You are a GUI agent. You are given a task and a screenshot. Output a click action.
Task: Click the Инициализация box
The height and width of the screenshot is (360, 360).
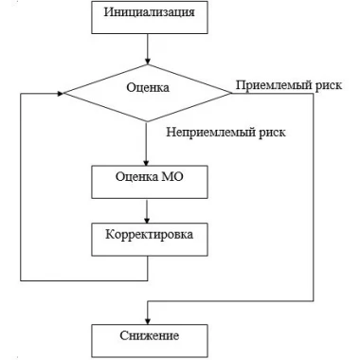pyautogui.click(x=150, y=17)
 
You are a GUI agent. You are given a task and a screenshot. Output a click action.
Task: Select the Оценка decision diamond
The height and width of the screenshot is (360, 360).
pyautogui.click(x=148, y=93)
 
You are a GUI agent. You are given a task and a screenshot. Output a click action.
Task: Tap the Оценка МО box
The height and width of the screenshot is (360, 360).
pyautogui.click(x=150, y=182)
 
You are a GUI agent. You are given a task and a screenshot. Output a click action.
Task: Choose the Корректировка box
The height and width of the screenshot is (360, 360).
pyautogui.click(x=150, y=240)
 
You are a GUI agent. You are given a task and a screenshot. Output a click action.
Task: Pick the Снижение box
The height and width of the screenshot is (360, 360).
pyautogui.click(x=150, y=341)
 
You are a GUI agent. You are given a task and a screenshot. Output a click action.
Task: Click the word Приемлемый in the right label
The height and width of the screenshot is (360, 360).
pyautogui.click(x=274, y=85)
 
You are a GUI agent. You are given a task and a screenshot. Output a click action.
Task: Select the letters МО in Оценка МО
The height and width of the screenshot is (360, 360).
pyautogui.click(x=172, y=176)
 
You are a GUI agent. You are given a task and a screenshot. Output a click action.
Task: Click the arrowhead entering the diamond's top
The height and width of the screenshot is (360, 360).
pyautogui.click(x=147, y=62)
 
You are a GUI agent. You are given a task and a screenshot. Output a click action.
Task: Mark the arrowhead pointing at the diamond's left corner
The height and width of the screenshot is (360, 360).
pyautogui.click(x=60, y=94)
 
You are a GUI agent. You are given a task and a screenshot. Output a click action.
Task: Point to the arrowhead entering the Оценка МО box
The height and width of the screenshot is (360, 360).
pyautogui.click(x=146, y=162)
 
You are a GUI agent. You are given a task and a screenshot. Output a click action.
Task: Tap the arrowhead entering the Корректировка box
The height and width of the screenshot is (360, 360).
pyautogui.click(x=147, y=220)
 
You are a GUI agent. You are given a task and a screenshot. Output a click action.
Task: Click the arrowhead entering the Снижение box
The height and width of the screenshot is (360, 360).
pyautogui.click(x=148, y=321)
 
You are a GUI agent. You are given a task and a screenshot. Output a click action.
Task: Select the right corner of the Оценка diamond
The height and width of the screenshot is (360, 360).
pyautogui.click(x=232, y=93)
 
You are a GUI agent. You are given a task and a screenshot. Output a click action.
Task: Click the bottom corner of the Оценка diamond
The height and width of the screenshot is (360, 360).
pyautogui.click(x=147, y=121)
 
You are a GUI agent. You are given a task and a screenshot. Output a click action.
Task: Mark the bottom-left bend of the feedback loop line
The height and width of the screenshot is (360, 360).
pyautogui.click(x=21, y=280)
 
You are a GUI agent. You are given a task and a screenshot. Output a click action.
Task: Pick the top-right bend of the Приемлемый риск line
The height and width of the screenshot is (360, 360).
pyautogui.click(x=314, y=94)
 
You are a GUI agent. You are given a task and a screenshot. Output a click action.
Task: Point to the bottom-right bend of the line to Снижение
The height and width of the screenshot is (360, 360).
pyautogui.click(x=314, y=301)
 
